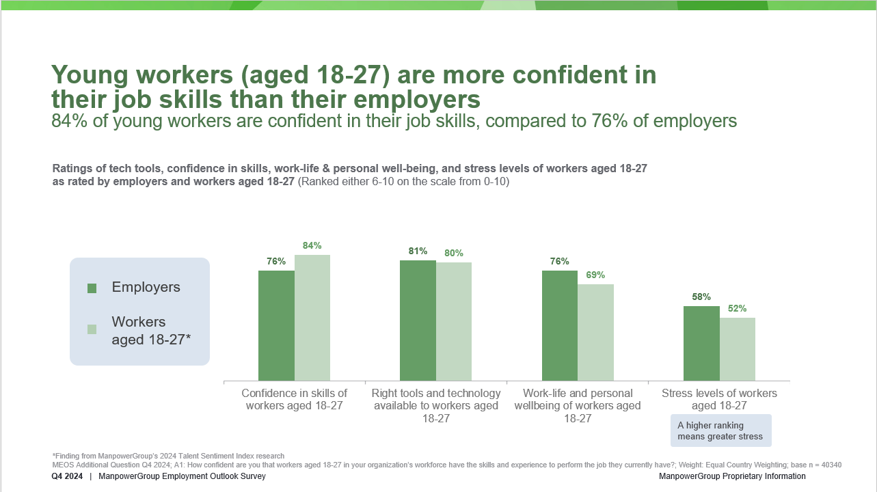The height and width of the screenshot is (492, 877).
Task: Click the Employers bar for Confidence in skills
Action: [276, 325]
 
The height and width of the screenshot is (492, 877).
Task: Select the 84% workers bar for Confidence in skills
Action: [312, 318]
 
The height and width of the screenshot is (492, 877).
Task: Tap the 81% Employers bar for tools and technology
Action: [418, 320]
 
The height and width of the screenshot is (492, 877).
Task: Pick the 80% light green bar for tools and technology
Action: [454, 321]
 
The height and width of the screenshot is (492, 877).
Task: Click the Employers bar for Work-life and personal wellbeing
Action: [560, 325]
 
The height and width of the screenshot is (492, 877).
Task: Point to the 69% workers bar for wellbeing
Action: [595, 332]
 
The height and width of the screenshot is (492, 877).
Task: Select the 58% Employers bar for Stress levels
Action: [701, 343]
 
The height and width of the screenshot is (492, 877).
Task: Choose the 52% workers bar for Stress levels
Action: [738, 348]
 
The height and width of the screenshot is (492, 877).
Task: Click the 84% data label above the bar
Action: [312, 245]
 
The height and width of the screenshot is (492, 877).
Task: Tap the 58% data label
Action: [701, 297]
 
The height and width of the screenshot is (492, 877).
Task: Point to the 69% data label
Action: [595, 275]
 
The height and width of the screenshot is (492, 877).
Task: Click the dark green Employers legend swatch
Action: [92, 288]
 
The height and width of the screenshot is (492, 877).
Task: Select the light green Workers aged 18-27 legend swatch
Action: [92, 329]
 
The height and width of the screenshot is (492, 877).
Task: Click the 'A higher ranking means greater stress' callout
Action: [720, 430]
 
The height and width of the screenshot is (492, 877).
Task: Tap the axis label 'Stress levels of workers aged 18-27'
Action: [719, 399]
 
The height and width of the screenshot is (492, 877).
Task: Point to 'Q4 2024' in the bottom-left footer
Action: [67, 476]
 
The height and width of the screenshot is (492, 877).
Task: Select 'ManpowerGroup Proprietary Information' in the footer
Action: [732, 476]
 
